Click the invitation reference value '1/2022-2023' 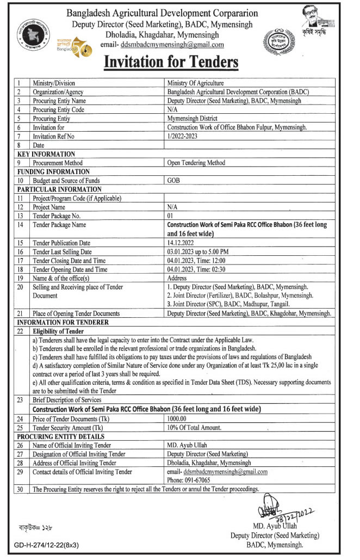pos(182,136)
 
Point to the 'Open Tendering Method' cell pos(196,162)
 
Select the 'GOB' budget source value pos(173,180)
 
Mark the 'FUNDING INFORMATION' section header pos(53,171)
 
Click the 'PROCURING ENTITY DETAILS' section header pos(60,436)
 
